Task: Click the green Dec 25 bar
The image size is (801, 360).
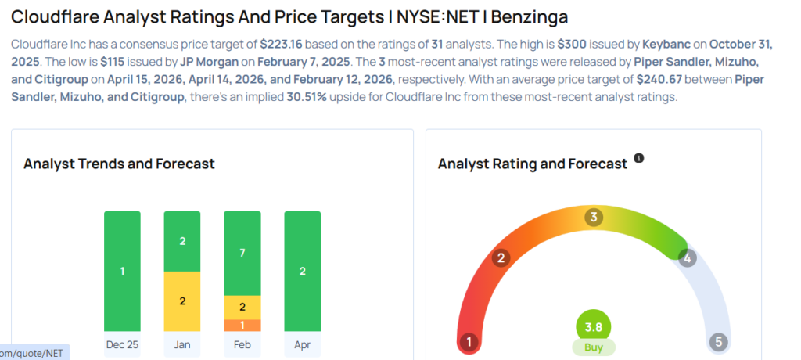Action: (x=122, y=271)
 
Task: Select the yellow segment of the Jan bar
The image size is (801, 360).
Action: (x=182, y=301)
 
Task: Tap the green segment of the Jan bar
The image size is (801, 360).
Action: (x=182, y=241)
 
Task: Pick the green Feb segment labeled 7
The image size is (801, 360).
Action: (x=242, y=253)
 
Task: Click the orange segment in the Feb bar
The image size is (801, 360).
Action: (x=242, y=326)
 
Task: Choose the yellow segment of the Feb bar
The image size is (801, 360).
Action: (x=242, y=308)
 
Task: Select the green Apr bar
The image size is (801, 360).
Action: (x=303, y=271)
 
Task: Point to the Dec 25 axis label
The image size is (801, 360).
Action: (x=122, y=344)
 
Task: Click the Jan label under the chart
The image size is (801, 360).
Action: (x=182, y=344)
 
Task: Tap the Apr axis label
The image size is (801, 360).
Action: (x=303, y=344)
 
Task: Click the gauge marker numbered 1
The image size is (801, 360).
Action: (x=469, y=342)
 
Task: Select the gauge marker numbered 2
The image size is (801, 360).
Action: (x=501, y=258)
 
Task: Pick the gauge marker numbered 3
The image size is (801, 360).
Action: (x=594, y=217)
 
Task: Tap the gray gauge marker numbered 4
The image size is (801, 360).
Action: (x=688, y=258)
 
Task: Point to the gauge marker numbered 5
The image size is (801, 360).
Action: (x=718, y=342)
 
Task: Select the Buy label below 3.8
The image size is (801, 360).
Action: (x=594, y=347)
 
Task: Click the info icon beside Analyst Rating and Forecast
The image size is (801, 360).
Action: (x=639, y=159)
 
